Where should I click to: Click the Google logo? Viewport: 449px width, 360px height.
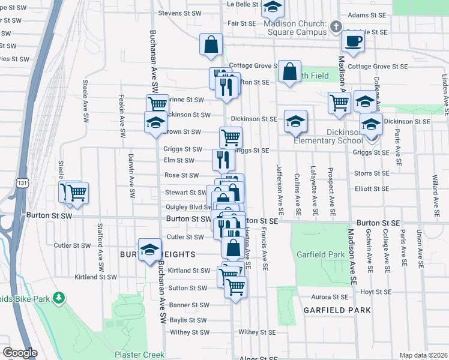(x=19, y=353)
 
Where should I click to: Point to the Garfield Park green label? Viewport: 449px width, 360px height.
(x=321, y=254)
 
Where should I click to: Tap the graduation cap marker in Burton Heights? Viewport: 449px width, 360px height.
(x=149, y=250)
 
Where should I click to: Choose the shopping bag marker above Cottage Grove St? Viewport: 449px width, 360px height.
(x=211, y=44)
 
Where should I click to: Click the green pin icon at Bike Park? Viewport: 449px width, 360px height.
(x=58, y=298)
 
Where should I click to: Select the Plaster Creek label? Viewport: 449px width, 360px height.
(x=139, y=355)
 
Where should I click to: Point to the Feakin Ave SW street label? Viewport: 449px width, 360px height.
(x=121, y=123)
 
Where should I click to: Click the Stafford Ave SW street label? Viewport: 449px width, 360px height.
(x=100, y=247)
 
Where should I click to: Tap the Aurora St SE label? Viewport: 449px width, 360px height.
(x=332, y=297)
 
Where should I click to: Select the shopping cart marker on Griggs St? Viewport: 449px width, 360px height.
(x=231, y=137)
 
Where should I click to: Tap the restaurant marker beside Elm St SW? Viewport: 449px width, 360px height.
(x=221, y=160)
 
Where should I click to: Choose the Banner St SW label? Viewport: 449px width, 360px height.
(x=188, y=305)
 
